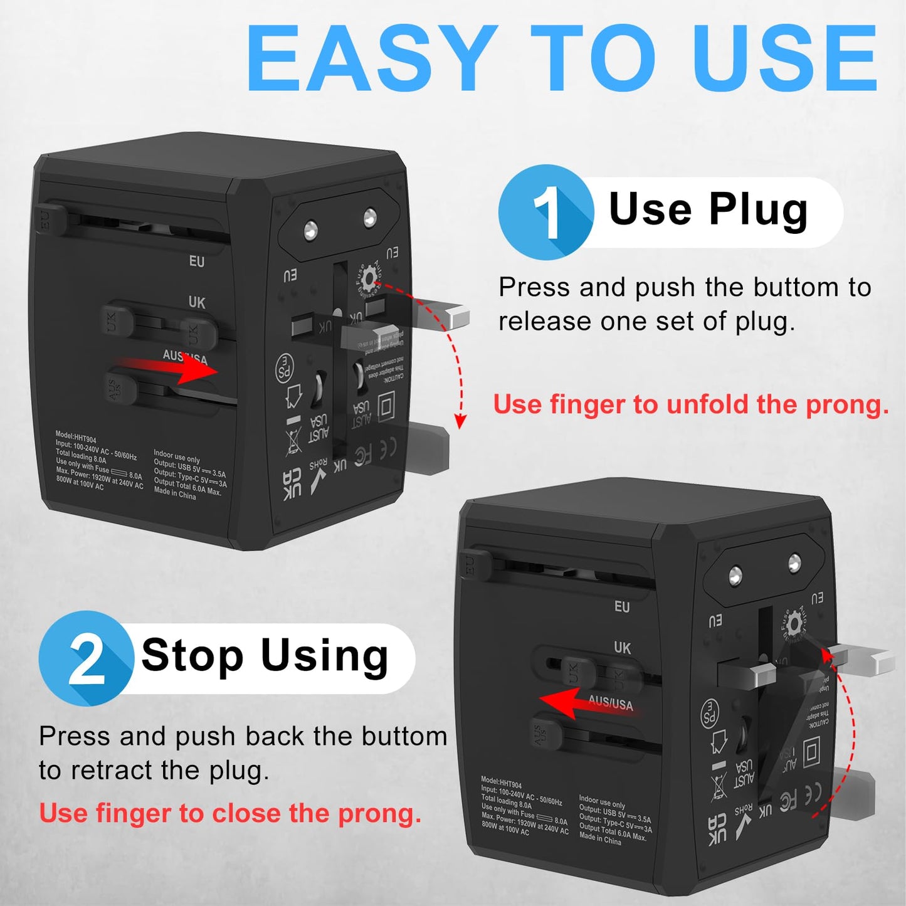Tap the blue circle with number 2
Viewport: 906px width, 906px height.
click(x=86, y=658)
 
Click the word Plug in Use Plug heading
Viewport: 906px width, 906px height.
click(x=758, y=210)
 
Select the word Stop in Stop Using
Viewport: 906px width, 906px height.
click(x=192, y=656)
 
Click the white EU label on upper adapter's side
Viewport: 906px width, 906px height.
click(x=197, y=261)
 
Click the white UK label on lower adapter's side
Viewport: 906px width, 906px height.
click(x=622, y=648)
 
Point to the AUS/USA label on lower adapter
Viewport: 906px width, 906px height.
click(x=611, y=703)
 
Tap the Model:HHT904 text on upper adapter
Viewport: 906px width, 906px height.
click(x=76, y=436)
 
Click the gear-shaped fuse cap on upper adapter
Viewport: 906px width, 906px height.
click(x=368, y=277)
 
